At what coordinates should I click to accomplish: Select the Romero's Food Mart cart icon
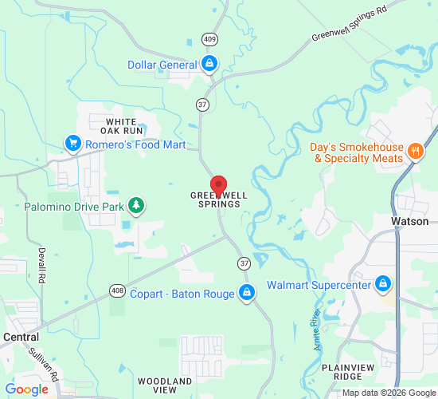pos(73,144)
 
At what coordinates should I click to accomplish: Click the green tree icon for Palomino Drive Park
pos(137,206)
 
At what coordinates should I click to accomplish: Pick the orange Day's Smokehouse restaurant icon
pos(414,152)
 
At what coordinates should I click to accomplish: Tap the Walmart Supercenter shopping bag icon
pos(383,284)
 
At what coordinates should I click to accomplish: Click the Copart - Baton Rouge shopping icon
pos(247,293)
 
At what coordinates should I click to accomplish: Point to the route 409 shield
pos(209,39)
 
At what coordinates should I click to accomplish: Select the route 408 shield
pos(118,290)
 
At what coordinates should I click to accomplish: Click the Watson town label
pos(410,221)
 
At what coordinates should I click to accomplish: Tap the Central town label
pos(21,337)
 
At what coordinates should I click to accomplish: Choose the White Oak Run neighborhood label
pos(123,125)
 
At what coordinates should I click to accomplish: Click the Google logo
pos(26,389)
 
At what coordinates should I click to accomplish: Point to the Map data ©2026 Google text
pos(389,393)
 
